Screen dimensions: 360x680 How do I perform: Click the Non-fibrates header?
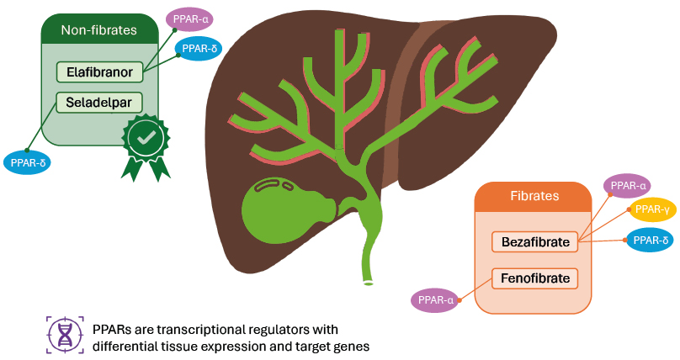tap(98, 31)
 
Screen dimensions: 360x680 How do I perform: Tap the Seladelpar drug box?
tap(99, 103)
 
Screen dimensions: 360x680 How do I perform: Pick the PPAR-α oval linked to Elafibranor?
tap(189, 18)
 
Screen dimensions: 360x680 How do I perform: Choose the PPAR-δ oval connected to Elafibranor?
tap(199, 49)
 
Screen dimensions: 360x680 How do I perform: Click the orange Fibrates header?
tap(534, 196)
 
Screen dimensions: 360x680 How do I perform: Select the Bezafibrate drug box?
tap(535, 242)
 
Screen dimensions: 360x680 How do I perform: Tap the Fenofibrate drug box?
tap(535, 278)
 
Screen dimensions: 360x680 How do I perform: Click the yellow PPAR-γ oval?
tap(652, 209)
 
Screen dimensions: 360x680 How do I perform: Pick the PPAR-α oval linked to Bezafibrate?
tap(628, 185)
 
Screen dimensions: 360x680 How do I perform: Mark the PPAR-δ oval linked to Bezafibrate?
tap(650, 241)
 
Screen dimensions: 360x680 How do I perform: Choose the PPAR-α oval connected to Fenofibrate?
tap(436, 299)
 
